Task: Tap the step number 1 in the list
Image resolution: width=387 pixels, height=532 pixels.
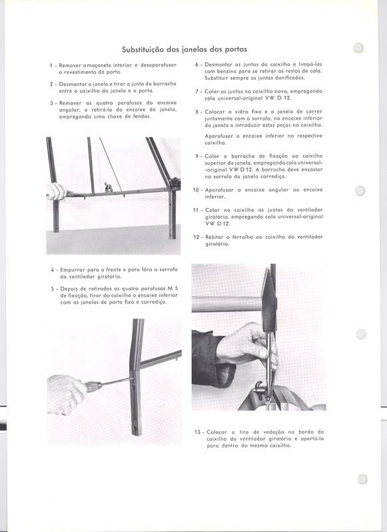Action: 51,66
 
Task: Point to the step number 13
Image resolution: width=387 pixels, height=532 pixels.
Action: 198,432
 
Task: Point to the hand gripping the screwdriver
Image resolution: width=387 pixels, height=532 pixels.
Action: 65,393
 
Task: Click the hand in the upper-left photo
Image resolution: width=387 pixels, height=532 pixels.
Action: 55,192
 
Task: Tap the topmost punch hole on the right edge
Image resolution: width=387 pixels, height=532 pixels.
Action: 359,48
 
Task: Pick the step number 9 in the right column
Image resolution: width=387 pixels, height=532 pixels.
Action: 198,156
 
